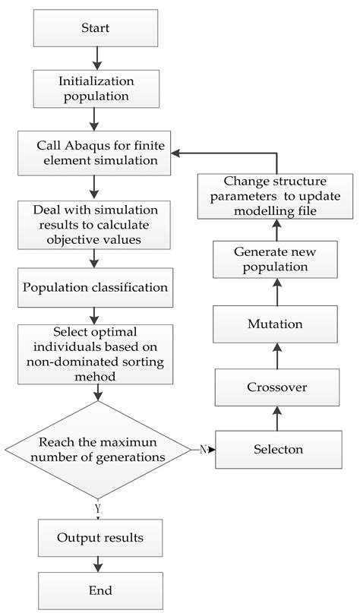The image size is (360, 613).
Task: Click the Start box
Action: pyautogui.click(x=96, y=27)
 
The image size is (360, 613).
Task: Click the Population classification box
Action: pyautogui.click(x=96, y=288)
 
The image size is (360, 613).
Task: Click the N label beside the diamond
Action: pyautogui.click(x=203, y=450)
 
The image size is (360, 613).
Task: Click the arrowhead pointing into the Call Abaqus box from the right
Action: pyautogui.click(x=176, y=153)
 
